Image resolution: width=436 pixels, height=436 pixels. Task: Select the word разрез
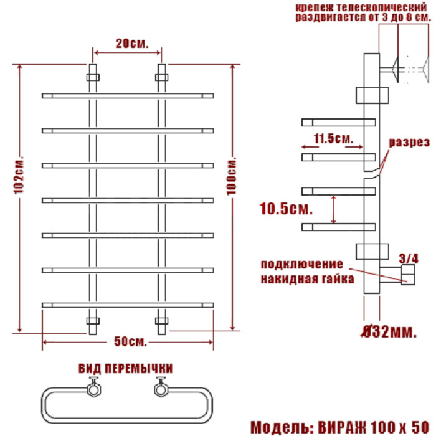pyautogui.click(x=409, y=142)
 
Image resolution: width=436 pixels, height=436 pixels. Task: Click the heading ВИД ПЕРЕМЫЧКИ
pyautogui.click(x=126, y=369)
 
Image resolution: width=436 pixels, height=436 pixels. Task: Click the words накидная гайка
pyautogui.click(x=308, y=278)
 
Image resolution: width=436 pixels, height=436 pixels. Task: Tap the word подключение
pyautogui.click(x=302, y=263)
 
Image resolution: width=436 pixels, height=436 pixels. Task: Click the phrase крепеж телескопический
pyautogui.click(x=364, y=6)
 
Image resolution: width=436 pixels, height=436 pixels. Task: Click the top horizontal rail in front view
pyautogui.click(x=128, y=95)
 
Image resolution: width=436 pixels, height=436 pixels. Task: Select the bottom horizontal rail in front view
pyautogui.click(x=128, y=304)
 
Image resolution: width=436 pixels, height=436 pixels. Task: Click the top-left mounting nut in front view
pyautogui.click(x=93, y=78)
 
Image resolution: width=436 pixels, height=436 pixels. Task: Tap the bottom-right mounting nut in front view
pyautogui.click(x=161, y=322)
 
